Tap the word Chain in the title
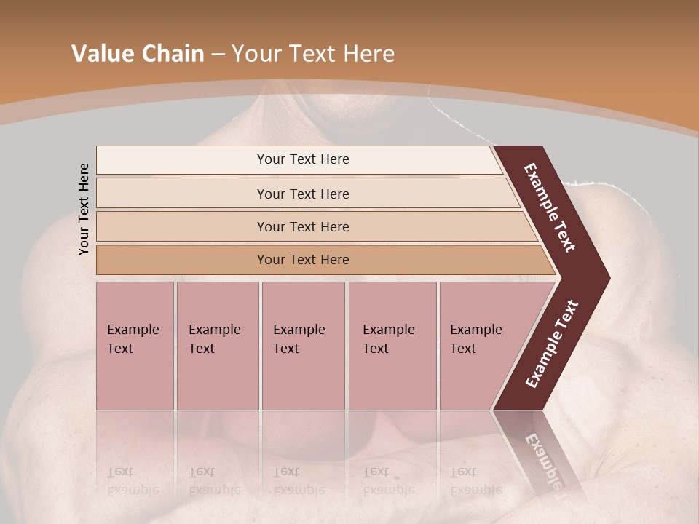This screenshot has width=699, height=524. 173,54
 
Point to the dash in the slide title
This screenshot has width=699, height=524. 218,55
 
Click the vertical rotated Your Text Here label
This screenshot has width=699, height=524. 84,209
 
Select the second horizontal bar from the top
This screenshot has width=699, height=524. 303,194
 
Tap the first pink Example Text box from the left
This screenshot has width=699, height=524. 135,346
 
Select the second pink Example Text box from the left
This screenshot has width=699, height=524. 218,346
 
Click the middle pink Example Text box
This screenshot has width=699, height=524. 303,346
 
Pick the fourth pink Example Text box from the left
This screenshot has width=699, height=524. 392,346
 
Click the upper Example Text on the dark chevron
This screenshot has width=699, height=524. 550,207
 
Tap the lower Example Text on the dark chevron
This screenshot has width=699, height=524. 551,344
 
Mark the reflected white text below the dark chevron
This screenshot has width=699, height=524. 542,458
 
